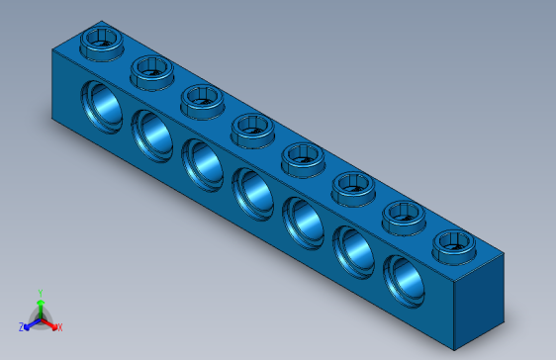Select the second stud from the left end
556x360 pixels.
tap(151, 69)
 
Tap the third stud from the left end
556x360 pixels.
tap(202, 97)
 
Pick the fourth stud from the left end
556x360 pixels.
tap(252, 127)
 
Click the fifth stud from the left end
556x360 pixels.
tap(302, 155)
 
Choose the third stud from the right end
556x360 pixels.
tap(352, 184)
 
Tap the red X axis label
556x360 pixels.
tap(59, 326)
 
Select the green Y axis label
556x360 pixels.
tap(40, 293)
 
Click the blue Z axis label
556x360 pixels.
tap(22, 325)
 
